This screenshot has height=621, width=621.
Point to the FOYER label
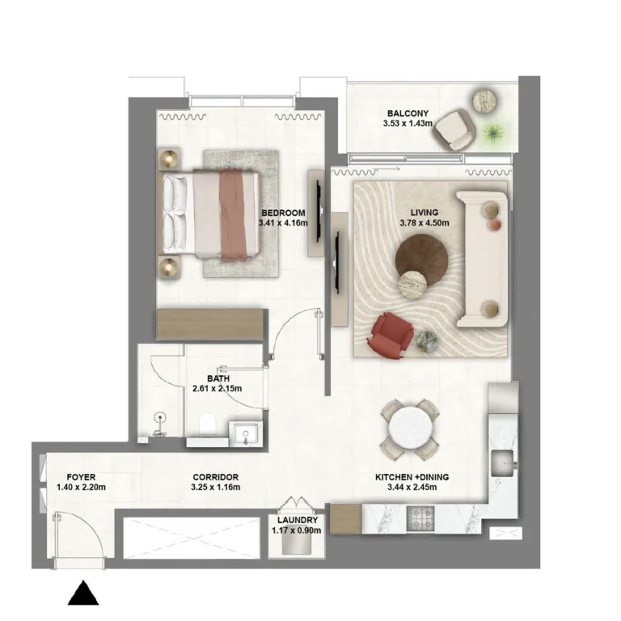pos(82,477)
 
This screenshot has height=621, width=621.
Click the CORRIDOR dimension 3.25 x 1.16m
pos(214,488)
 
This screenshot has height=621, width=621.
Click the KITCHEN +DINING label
pos(411,477)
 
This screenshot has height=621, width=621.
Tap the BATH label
pos(218,378)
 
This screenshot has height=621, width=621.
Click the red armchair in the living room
pos(391,335)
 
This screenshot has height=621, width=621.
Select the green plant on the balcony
pos(493,131)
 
